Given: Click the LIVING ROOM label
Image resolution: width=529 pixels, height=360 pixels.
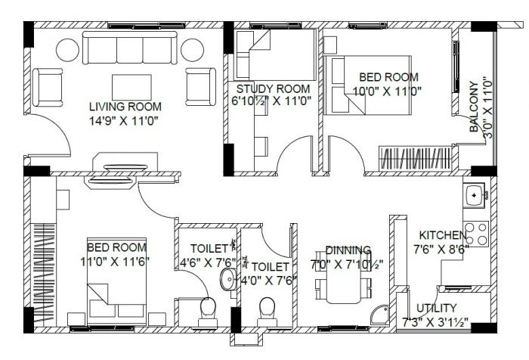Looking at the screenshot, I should point(125,106).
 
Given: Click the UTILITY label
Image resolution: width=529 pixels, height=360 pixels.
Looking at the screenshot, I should point(438,308).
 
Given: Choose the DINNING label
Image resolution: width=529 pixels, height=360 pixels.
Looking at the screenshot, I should point(348,250).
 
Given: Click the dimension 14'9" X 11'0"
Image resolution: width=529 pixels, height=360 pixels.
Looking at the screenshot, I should point(125,119).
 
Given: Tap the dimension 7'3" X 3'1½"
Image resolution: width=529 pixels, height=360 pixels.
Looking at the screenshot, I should point(436,322).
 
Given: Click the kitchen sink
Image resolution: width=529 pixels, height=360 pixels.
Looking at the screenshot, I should point(475,196).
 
